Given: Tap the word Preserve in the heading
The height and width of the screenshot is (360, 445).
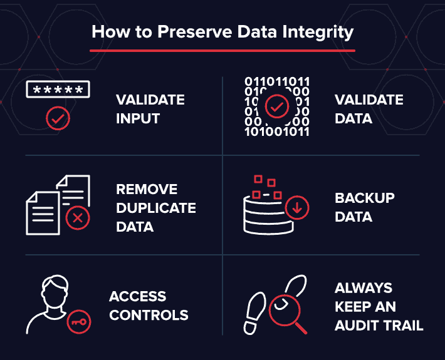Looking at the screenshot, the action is [195, 31].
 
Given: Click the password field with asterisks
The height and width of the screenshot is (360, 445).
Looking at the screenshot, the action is [58, 90].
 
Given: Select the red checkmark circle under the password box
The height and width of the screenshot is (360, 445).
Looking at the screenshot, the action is [58, 118].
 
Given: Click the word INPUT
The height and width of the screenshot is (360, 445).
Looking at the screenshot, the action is [138, 118].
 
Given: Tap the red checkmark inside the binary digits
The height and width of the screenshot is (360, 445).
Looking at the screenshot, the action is [277, 106].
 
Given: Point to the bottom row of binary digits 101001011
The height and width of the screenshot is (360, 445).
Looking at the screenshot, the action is [277, 132].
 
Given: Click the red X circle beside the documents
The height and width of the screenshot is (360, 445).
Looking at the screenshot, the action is [78, 218].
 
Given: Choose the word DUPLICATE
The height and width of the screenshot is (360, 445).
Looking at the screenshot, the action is [156, 208].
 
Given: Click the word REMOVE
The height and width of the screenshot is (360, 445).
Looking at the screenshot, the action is [147, 189].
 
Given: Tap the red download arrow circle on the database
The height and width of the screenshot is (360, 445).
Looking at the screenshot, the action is [297, 207].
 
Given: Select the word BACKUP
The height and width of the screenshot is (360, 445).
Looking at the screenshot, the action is [365, 198].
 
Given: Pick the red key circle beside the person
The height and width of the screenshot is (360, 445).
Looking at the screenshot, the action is [79, 322].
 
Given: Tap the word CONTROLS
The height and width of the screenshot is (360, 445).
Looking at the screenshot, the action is [149, 315].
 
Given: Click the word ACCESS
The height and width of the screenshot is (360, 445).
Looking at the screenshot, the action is [138, 297].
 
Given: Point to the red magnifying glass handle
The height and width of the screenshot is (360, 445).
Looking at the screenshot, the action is [301, 328].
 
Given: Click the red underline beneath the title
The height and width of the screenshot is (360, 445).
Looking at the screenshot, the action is [223, 51].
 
